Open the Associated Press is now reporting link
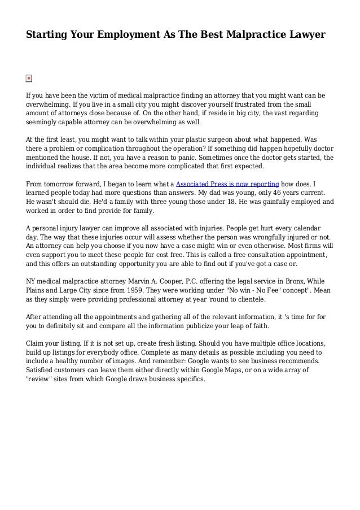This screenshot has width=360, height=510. (227, 184)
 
